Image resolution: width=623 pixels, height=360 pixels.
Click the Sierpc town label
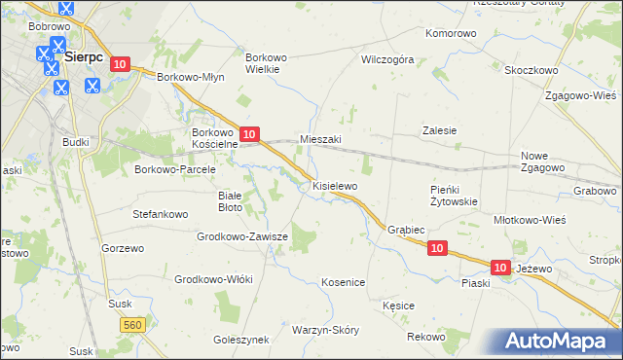coord(83,57)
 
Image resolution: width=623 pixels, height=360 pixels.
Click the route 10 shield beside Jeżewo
coord(500,267)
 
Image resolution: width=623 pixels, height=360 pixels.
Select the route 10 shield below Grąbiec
coord(437,249)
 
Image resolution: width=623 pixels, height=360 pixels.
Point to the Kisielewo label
coord(335,185)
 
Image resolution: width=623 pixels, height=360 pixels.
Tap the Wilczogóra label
coord(387,59)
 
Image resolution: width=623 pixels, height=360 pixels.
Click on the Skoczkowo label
coord(531,70)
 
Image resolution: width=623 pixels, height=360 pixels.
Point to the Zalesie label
coord(439,130)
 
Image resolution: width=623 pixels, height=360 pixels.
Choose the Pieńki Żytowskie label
coord(454,196)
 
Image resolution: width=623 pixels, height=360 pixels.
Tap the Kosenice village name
coord(343,282)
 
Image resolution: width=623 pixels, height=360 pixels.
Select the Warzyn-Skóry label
coord(325,330)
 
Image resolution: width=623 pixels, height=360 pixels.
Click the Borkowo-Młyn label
coord(192,76)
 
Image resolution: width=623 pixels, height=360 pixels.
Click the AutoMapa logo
coord(558,342)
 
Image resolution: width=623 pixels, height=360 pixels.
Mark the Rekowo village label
coord(426,337)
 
